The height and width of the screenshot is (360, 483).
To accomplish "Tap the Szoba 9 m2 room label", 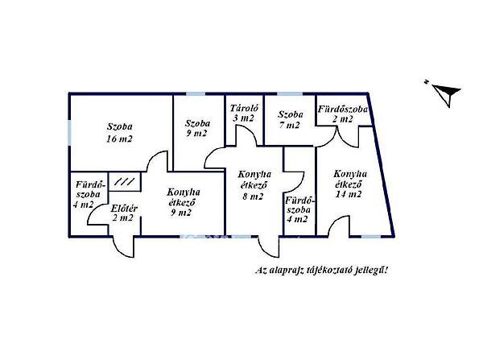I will point(197,130).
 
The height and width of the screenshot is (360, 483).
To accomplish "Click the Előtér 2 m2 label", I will point(124,213).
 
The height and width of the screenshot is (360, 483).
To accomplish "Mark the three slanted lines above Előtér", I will point(123,183).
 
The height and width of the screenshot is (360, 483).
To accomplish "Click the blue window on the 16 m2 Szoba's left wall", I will point(69,130).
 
